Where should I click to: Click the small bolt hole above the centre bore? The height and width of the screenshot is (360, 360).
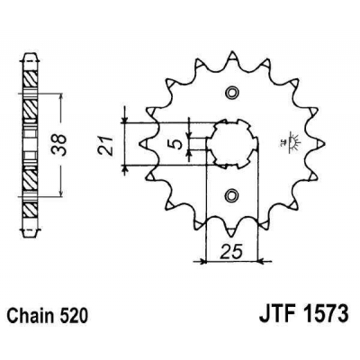tap(232, 94)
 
